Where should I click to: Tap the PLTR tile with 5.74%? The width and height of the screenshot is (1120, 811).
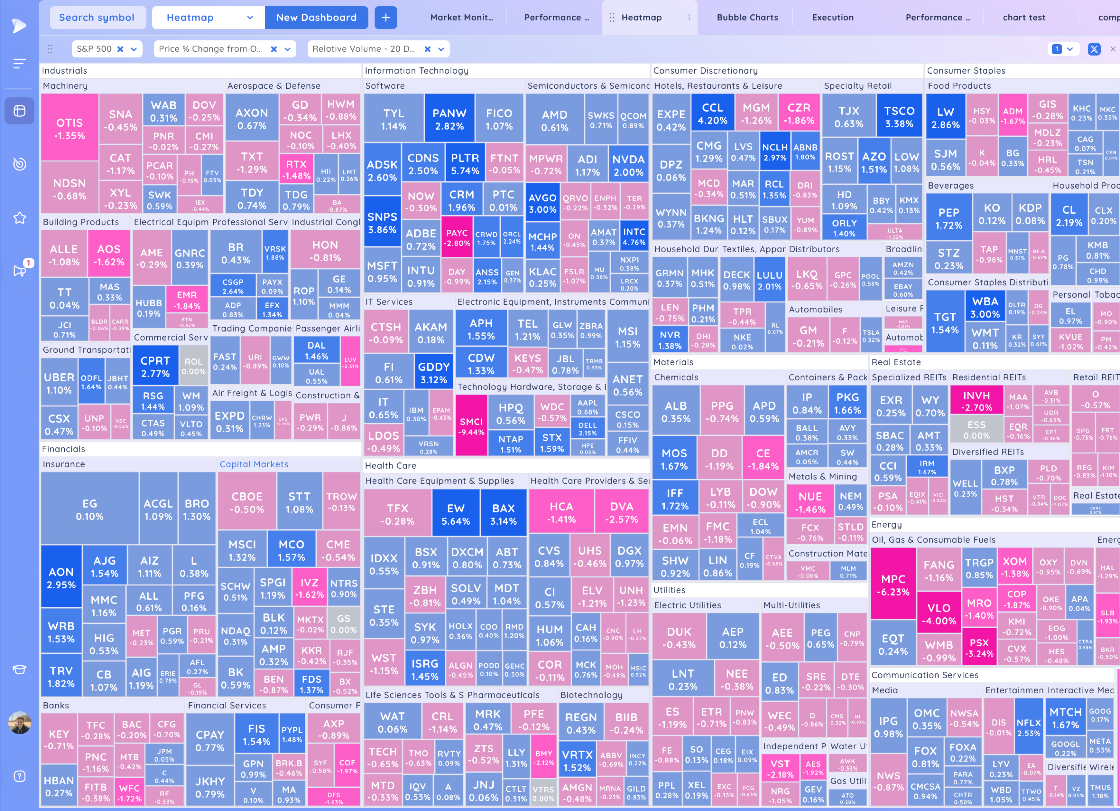pyautogui.click(x=465, y=164)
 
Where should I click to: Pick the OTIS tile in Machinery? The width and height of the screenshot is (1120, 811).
pyautogui.click(x=70, y=129)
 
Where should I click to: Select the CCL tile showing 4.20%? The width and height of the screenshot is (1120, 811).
pyautogui.click(x=712, y=114)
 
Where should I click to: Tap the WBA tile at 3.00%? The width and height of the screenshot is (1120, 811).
pyautogui.click(x=985, y=307)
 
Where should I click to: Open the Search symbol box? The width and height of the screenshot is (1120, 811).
pyautogui.click(x=97, y=17)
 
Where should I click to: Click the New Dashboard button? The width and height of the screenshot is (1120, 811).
pyautogui.click(x=316, y=17)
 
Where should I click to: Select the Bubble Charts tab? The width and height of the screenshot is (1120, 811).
pyautogui.click(x=747, y=17)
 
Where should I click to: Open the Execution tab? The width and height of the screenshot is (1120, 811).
pyautogui.click(x=833, y=17)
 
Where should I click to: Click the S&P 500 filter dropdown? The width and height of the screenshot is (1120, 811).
pyautogui.click(x=133, y=49)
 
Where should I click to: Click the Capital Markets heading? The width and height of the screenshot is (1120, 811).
pyautogui.click(x=254, y=464)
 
